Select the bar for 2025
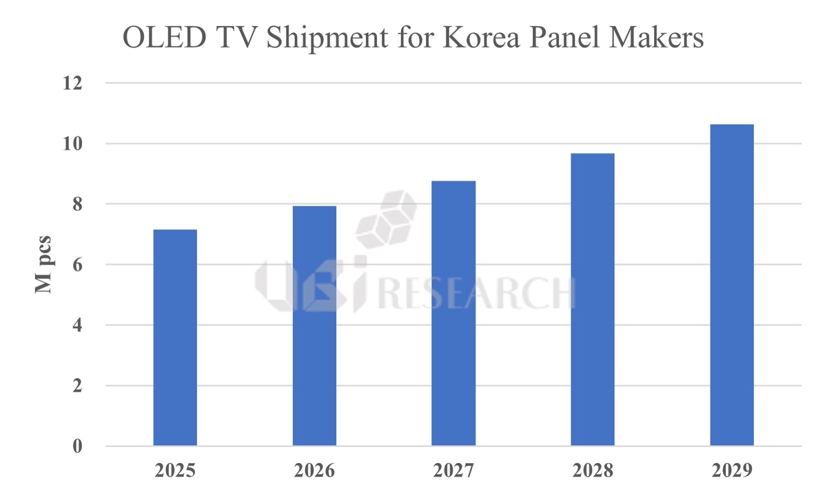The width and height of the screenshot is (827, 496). click(x=175, y=338)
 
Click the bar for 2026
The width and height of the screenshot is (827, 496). click(x=314, y=326)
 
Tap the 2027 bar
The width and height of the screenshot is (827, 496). click(x=453, y=313)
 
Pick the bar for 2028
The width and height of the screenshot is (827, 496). click(x=593, y=300)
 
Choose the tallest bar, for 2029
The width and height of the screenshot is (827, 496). click(x=732, y=285)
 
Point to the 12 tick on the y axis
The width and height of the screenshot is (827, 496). click(x=72, y=83)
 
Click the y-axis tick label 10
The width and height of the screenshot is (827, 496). click(x=72, y=144)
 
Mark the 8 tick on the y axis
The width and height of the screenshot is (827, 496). click(x=77, y=205)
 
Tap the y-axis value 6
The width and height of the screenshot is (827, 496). click(x=77, y=265)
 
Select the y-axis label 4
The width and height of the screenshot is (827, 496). click(x=77, y=325)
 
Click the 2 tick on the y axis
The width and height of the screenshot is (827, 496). click(x=77, y=386)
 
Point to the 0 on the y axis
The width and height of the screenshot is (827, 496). click(x=77, y=446)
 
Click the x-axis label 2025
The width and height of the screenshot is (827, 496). click(x=175, y=473)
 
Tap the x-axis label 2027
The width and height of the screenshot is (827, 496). click(x=453, y=473)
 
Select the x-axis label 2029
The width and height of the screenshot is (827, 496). click(x=732, y=473)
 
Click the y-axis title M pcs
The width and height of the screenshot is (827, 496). click(x=45, y=265)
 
